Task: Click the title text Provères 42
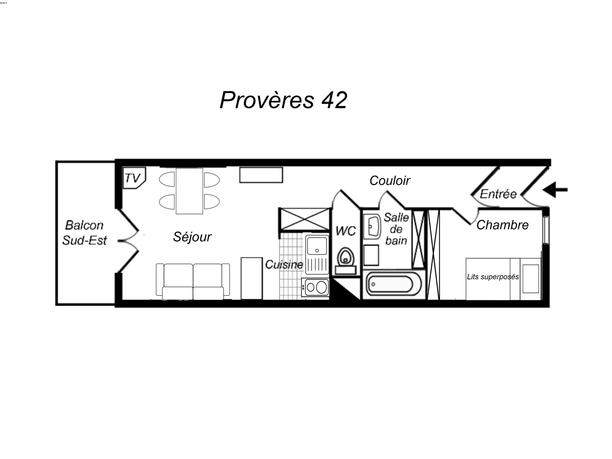pos(283,100)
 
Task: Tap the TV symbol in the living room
pos(134,178)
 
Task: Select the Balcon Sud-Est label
pos(84,233)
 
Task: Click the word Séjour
pos(192,237)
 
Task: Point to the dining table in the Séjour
pos(189,191)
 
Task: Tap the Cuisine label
pos(284,265)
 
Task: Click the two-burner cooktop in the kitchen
pos(315,287)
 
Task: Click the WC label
pos(346,231)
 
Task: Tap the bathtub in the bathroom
pos(394,285)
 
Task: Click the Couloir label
pos(390,181)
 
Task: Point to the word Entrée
pos(498,194)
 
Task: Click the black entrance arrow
pos(555,190)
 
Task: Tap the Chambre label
pos(502,225)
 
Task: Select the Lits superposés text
pos(493,277)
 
